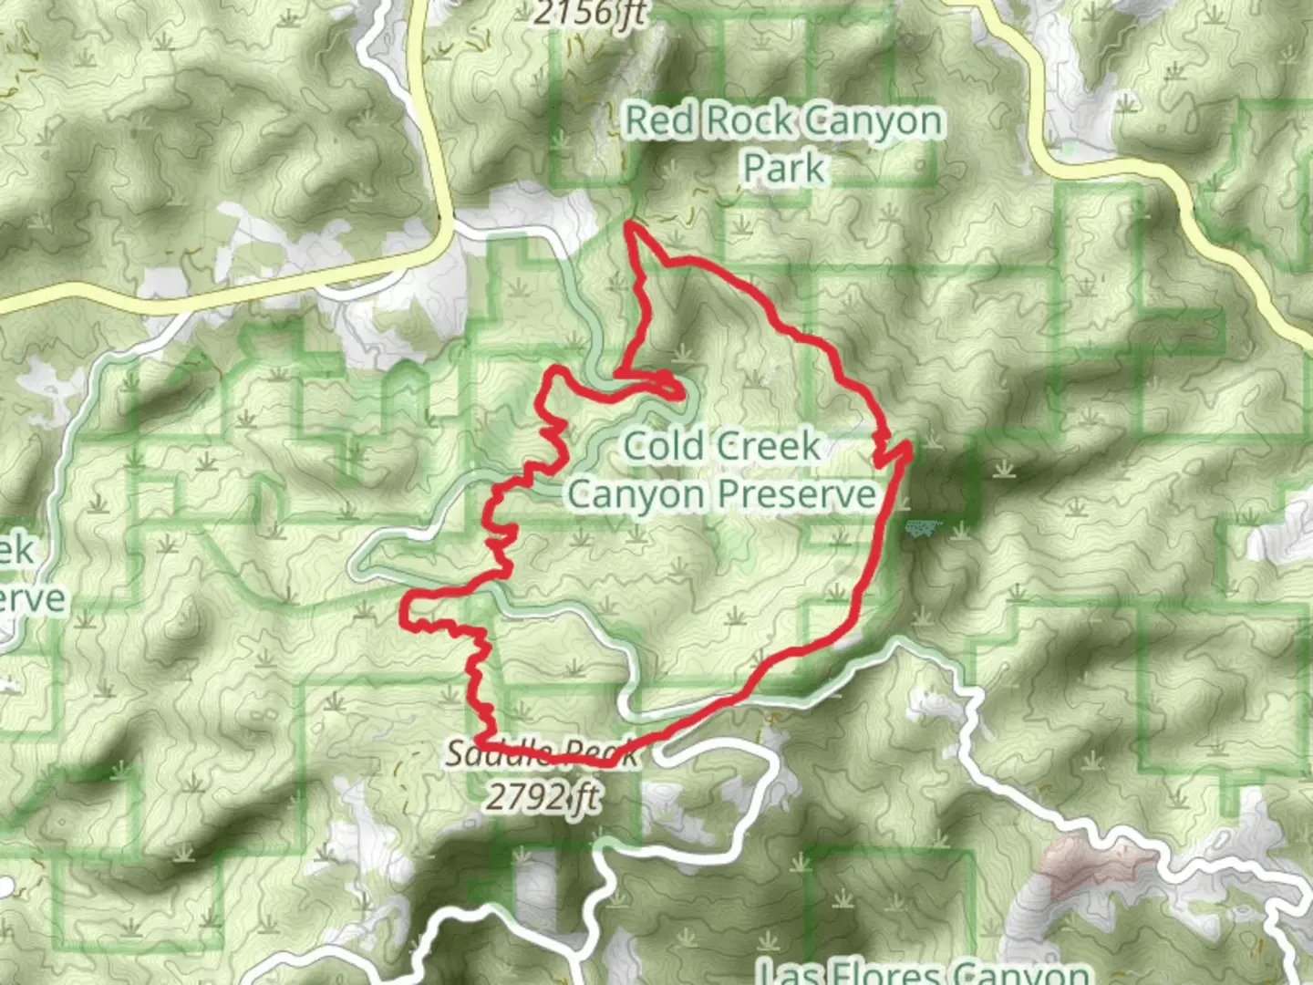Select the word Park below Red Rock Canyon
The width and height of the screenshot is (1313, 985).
coord(783,169)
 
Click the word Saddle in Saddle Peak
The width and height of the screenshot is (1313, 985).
coord(500,754)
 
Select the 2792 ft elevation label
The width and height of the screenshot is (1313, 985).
coord(543,796)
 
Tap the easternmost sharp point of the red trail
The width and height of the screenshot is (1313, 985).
coord(909,445)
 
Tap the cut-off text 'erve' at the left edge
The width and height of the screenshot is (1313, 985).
coord(33,599)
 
